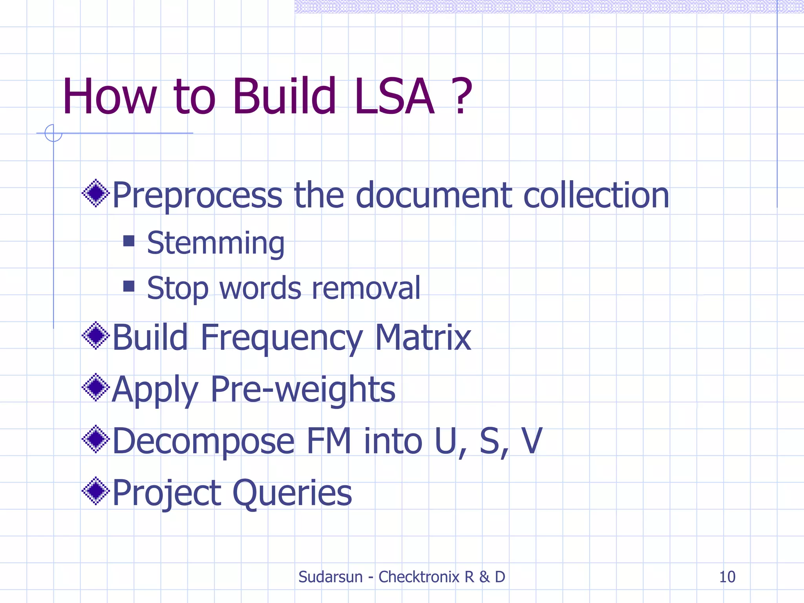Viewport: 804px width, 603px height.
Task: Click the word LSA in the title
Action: [x=394, y=97]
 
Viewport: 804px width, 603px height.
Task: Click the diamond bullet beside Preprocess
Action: [x=95, y=193]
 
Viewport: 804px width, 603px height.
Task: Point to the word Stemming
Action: [x=216, y=243]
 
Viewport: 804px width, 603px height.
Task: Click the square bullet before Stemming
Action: [x=129, y=241]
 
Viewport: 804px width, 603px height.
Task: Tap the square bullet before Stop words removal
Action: [x=129, y=286]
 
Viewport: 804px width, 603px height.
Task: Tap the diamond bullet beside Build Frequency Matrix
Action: [x=95, y=335]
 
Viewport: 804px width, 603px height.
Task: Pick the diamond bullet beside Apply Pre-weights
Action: [x=95, y=387]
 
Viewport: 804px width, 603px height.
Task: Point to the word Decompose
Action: [x=203, y=441]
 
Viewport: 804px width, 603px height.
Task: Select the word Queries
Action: [x=292, y=493]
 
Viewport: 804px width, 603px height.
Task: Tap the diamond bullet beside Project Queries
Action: [x=95, y=491]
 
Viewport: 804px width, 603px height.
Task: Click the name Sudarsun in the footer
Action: [x=330, y=577]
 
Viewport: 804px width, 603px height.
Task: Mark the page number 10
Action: [x=727, y=577]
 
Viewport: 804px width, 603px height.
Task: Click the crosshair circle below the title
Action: [x=53, y=133]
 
